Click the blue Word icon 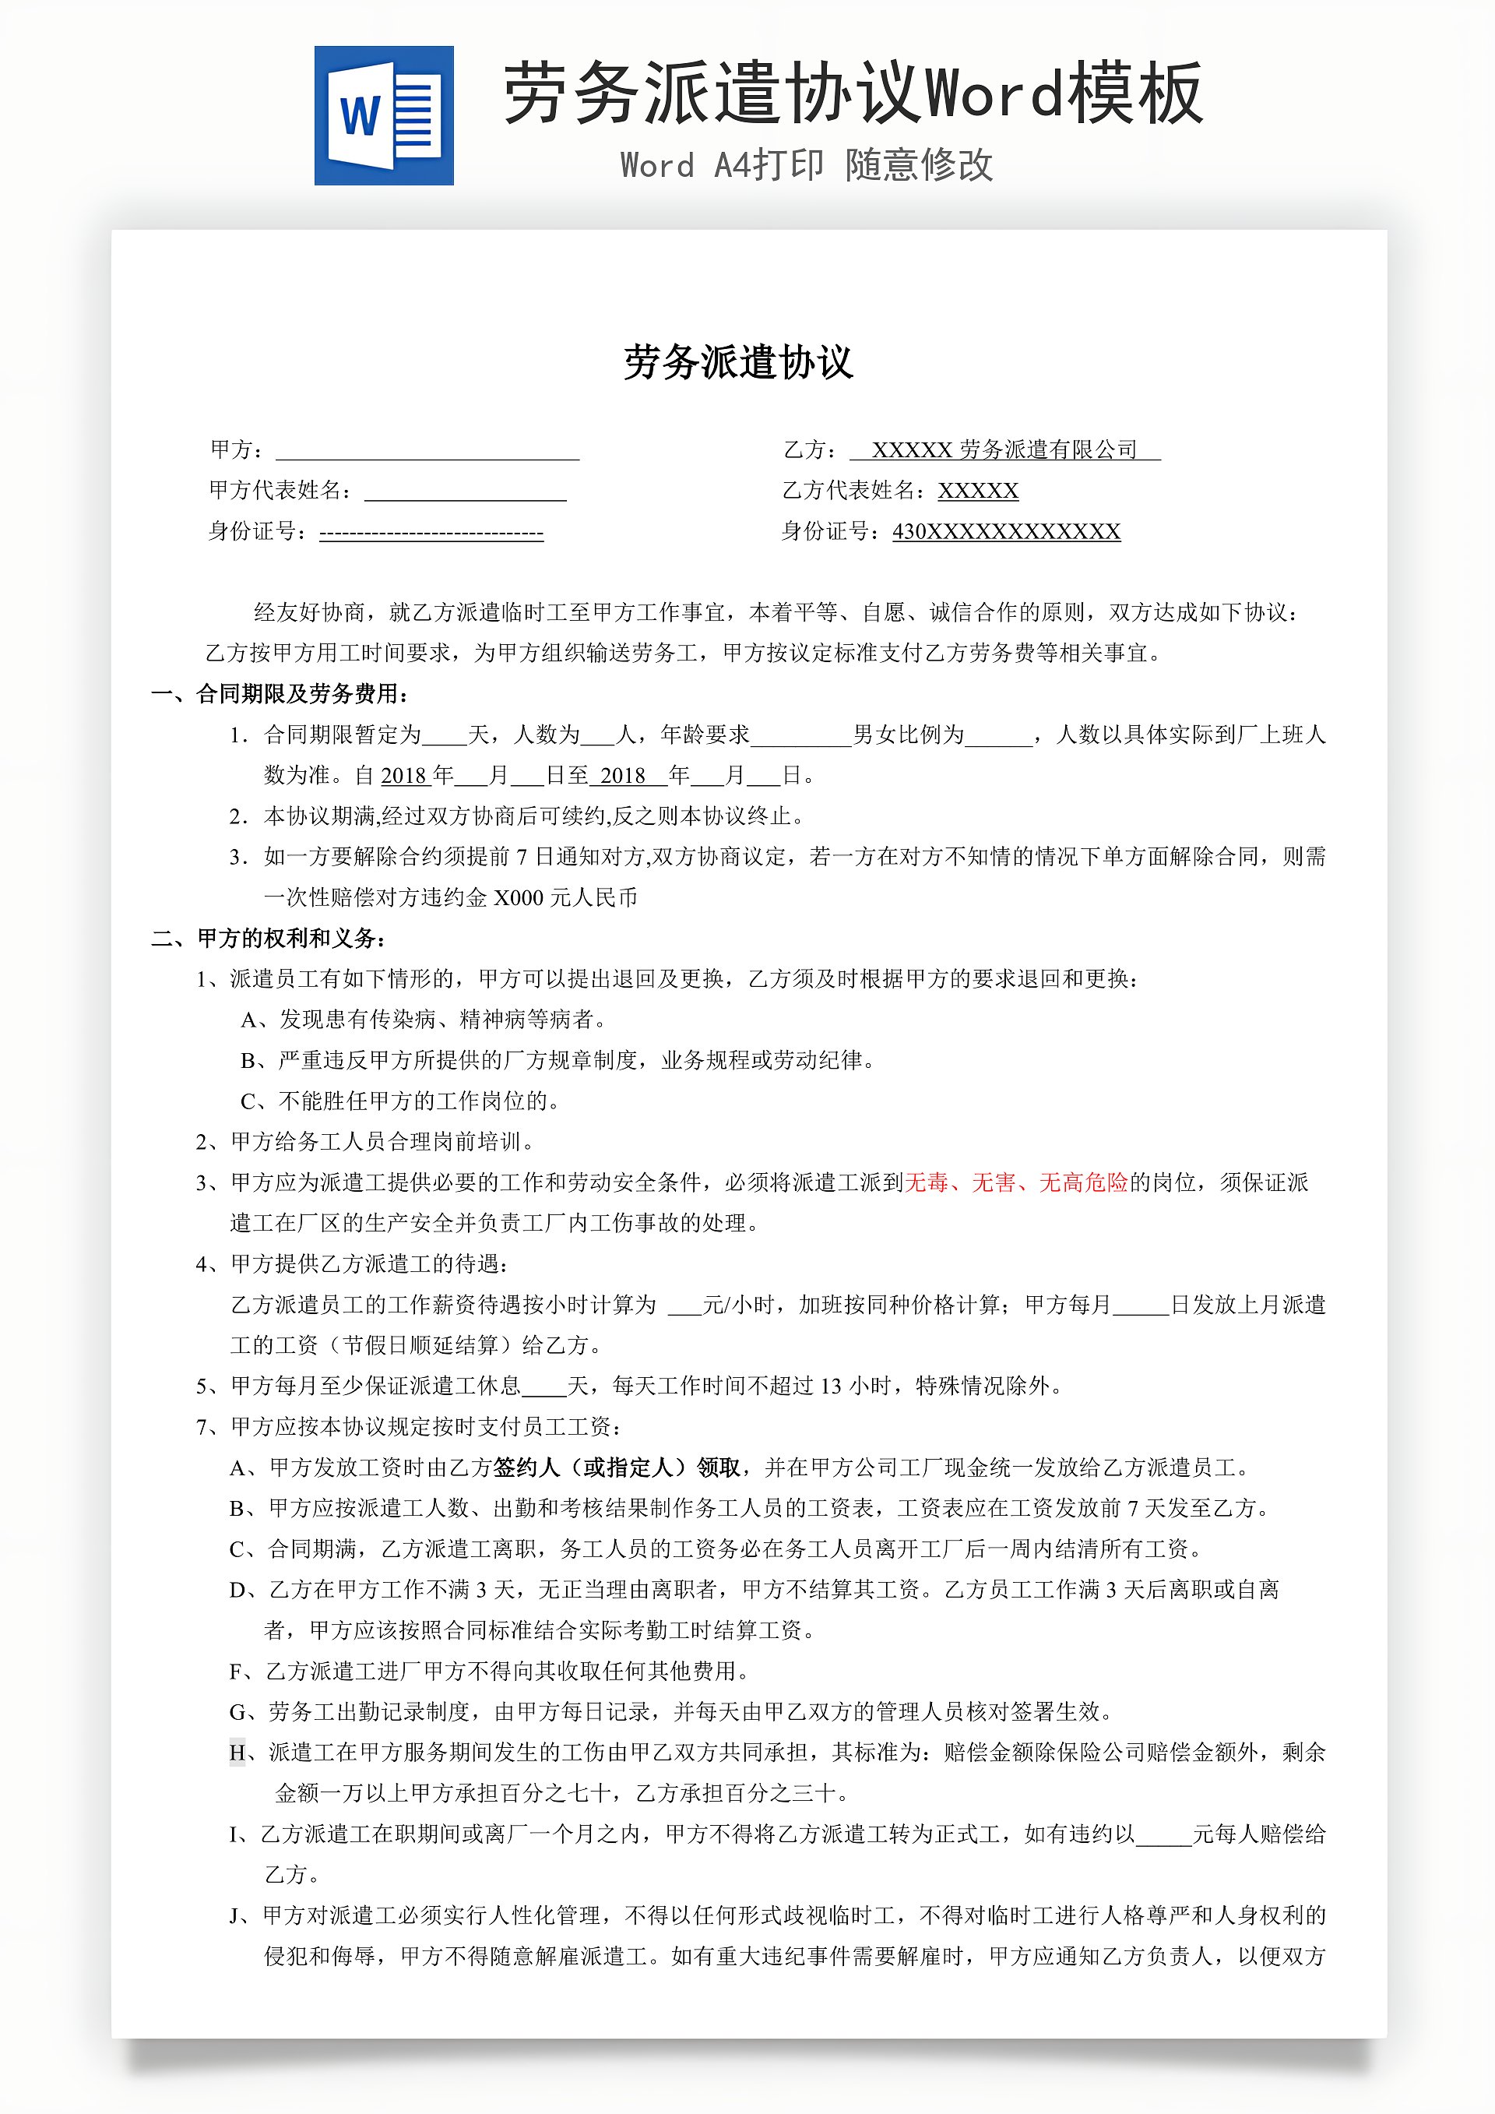click(384, 115)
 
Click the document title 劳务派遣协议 click(738, 362)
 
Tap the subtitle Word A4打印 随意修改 click(807, 166)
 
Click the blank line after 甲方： click(427, 450)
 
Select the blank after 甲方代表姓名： click(465, 492)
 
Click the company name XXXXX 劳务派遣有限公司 click(1004, 449)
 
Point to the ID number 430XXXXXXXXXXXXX click(1006, 531)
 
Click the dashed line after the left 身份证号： click(431, 532)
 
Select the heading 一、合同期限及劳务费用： click(281, 693)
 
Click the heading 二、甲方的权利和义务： click(269, 939)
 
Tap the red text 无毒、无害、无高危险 click(1016, 1182)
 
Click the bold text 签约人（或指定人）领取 click(617, 1467)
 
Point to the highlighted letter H click(237, 1752)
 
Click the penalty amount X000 click(519, 898)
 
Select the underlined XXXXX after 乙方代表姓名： click(978, 491)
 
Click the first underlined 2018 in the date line click(404, 775)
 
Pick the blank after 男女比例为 click(998, 735)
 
